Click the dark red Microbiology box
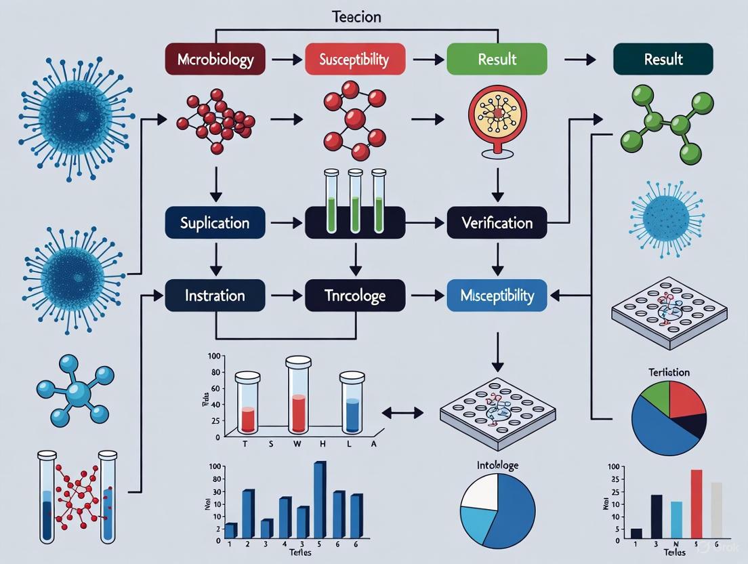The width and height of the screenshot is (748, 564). tap(215, 59)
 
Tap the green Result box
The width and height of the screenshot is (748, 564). tap(497, 59)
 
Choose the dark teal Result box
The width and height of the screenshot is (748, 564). tap(663, 59)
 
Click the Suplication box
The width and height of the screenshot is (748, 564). tap(215, 222)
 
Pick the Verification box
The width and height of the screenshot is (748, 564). tap(497, 222)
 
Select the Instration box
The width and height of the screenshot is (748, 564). tap(215, 296)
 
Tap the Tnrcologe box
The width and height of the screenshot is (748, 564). tap(355, 296)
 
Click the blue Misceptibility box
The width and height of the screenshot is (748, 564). tap(497, 296)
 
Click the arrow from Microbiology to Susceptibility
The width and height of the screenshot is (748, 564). tap(287, 60)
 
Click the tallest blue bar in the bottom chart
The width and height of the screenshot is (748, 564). tap(320, 499)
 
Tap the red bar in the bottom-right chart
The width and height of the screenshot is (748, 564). tap(696, 504)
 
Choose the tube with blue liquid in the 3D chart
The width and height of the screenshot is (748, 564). tap(352, 407)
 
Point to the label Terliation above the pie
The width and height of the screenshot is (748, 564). tap(668, 372)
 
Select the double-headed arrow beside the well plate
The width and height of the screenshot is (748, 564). tap(402, 411)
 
